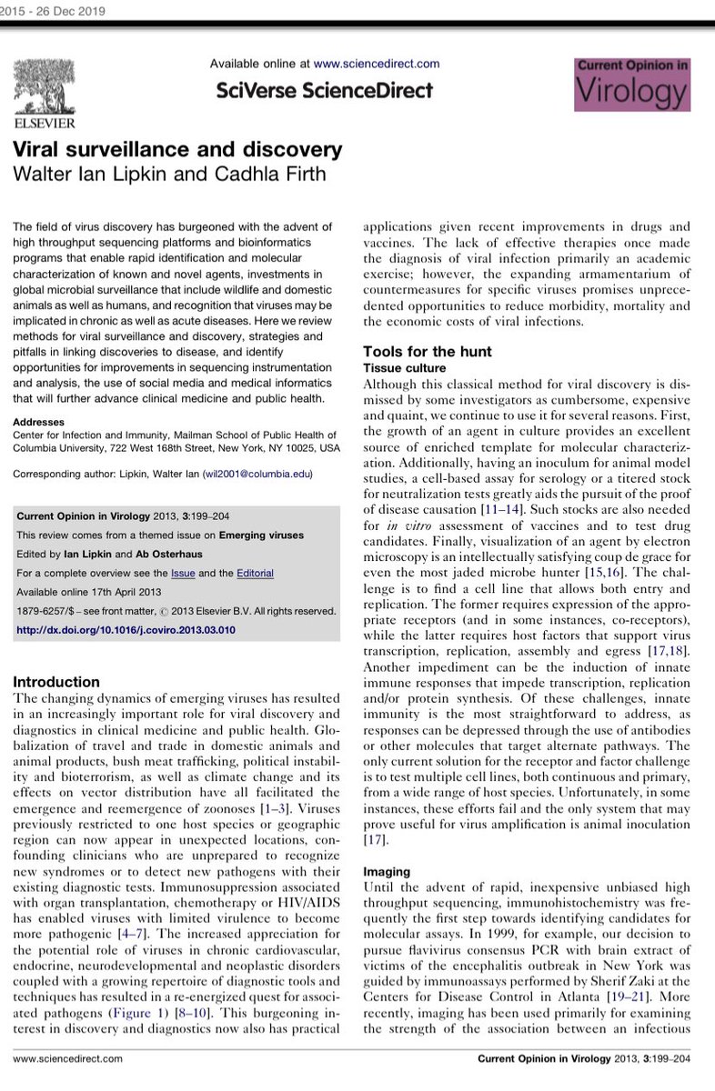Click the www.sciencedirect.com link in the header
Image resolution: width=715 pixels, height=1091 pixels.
click(x=377, y=64)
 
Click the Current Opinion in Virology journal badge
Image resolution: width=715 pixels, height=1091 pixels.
click(x=632, y=85)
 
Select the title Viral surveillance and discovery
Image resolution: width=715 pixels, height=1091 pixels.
click(x=177, y=149)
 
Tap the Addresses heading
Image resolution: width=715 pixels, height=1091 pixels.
click(x=40, y=422)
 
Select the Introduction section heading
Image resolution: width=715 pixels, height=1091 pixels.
click(x=56, y=682)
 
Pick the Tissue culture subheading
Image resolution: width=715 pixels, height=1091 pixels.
click(x=404, y=368)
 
